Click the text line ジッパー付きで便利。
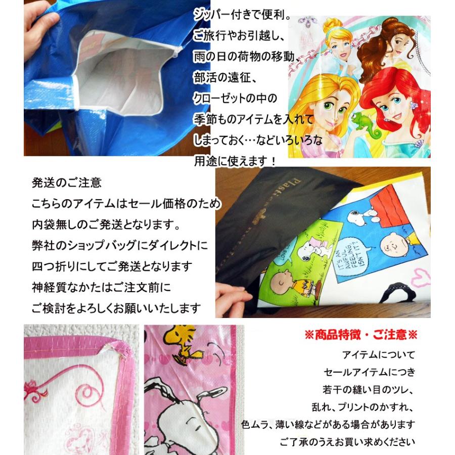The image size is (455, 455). [243, 16]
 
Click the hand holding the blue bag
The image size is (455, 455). [35, 23]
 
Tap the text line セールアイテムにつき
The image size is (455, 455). [369, 372]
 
